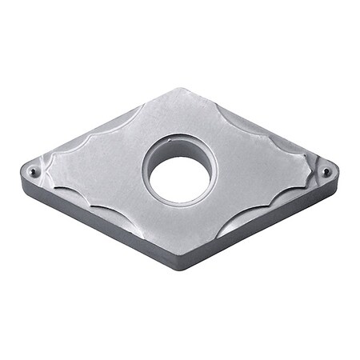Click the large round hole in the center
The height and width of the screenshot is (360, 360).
(x=181, y=178)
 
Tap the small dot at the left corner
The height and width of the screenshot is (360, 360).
(x=32, y=170)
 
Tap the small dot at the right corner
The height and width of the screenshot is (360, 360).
(x=326, y=172)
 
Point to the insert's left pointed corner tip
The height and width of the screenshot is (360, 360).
(x=21, y=170)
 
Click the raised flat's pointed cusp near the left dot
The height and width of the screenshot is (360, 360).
(x=50, y=168)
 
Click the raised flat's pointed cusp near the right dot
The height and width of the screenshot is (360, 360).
(x=310, y=170)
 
